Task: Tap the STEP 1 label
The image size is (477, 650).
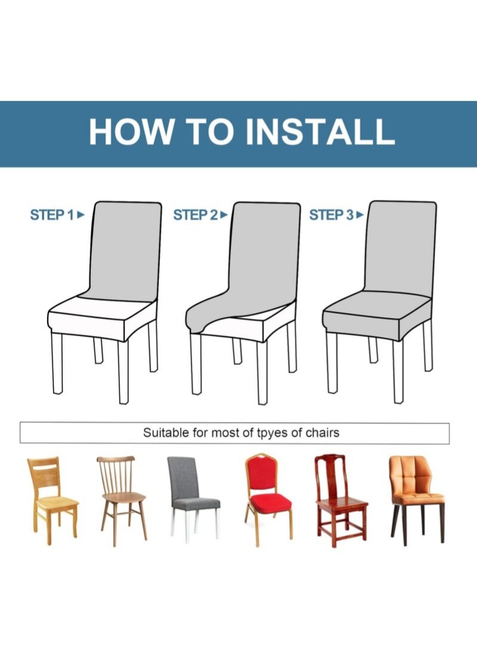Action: (52, 215)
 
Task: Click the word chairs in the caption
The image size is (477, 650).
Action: (321, 432)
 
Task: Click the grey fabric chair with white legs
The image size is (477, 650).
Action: (192, 494)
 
